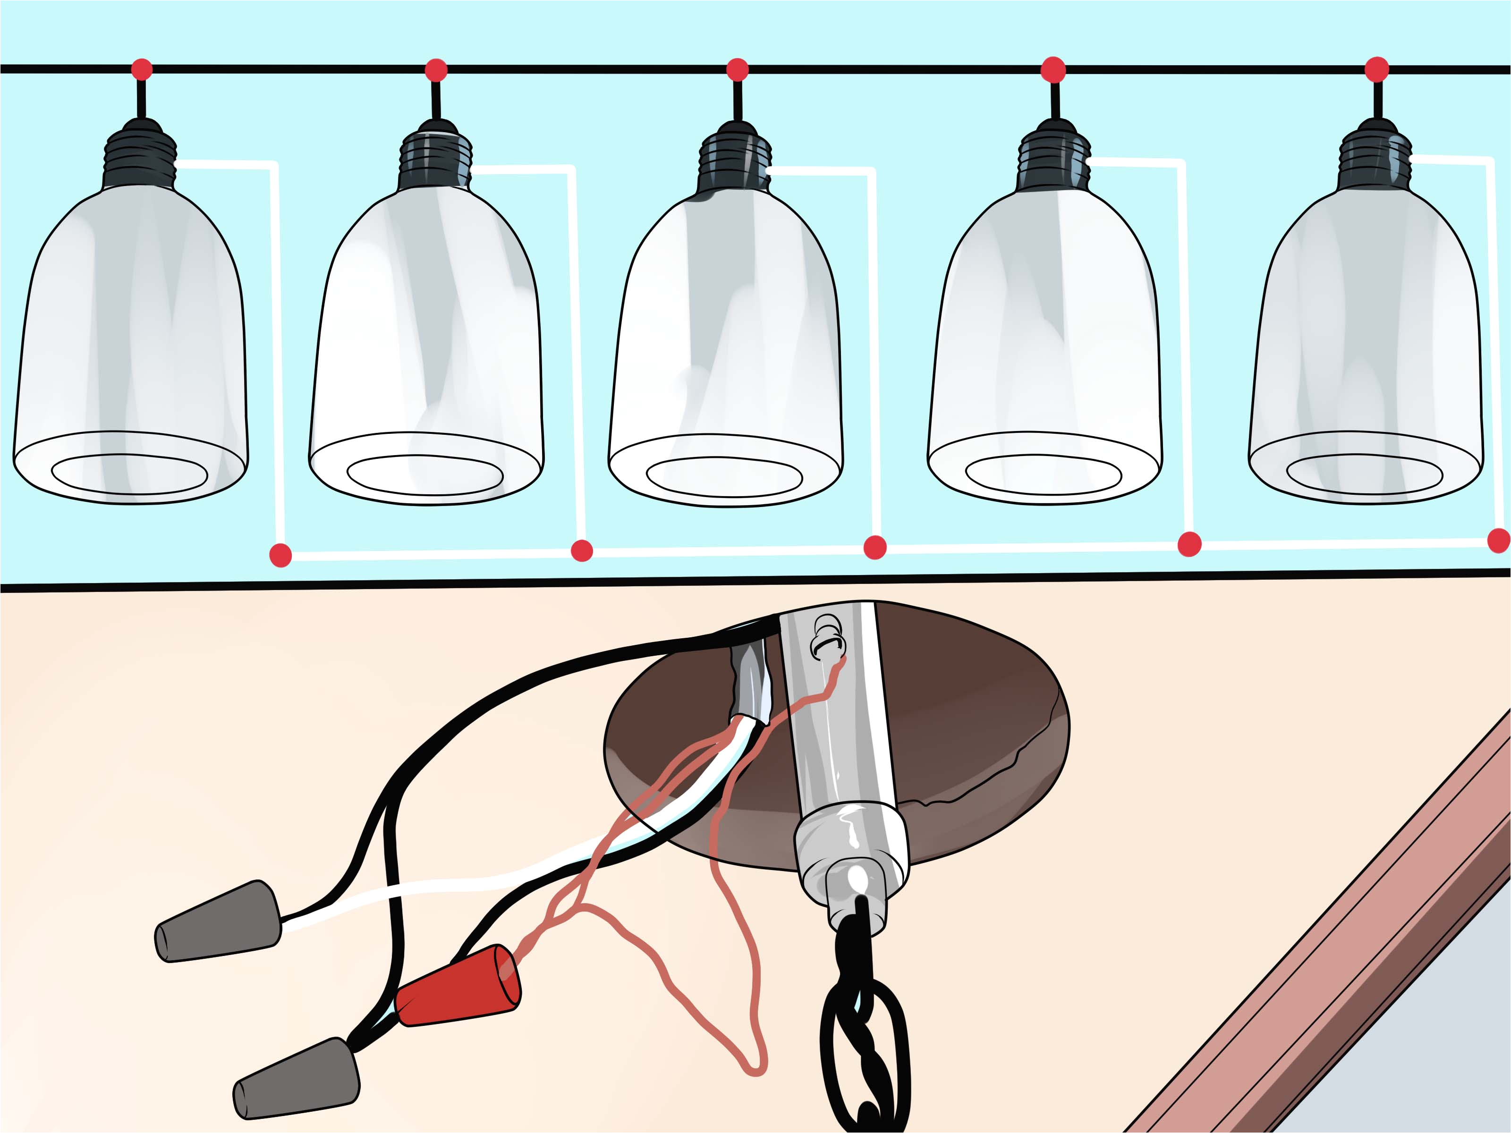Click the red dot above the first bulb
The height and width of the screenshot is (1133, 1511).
click(x=142, y=69)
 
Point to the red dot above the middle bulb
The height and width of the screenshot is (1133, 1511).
click(x=737, y=69)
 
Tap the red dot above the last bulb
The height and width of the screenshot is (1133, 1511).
click(x=1376, y=69)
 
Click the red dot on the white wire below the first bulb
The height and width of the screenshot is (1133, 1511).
click(x=280, y=555)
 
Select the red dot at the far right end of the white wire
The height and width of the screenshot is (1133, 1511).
click(x=1499, y=540)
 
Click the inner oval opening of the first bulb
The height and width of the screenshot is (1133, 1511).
click(x=130, y=474)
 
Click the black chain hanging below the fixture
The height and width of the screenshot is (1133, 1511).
click(x=865, y=1031)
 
